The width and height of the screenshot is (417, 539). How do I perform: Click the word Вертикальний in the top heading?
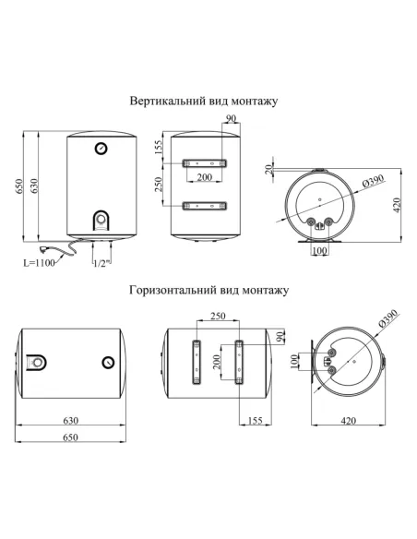pyautogui.click(x=168, y=102)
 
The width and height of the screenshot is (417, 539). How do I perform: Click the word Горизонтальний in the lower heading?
pyautogui.click(x=173, y=290)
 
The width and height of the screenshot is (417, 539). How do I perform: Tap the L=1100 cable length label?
pyautogui.click(x=39, y=263)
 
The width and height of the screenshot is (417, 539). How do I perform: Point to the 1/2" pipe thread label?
pyautogui.click(x=101, y=263)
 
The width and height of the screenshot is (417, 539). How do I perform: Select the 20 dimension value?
pyautogui.click(x=269, y=169)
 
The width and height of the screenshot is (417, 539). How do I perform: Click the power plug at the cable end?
pyautogui.click(x=45, y=248)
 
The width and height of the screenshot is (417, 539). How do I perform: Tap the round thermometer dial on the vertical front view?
pyautogui.click(x=101, y=149)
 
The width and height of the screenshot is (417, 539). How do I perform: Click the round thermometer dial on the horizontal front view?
pyautogui.click(x=108, y=363)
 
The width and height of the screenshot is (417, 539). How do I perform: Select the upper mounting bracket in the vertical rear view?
pyautogui.click(x=205, y=163)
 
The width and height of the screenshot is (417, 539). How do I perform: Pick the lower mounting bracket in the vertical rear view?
pyautogui.click(x=205, y=206)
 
